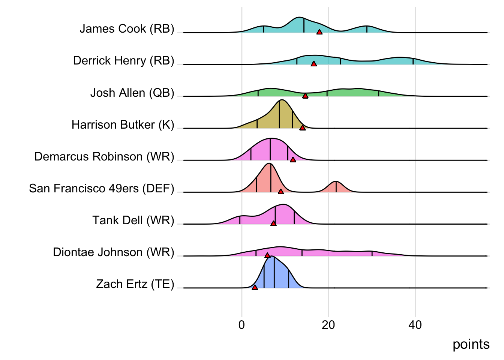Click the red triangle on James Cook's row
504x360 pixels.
(x=319, y=32)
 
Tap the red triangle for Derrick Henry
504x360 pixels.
(x=313, y=64)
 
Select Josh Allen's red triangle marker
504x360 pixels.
(x=305, y=96)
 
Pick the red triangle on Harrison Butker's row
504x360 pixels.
(x=302, y=128)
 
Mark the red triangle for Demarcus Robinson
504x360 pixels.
(x=293, y=160)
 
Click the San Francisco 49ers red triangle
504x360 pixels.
(x=280, y=192)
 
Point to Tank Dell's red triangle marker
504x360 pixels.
(x=273, y=224)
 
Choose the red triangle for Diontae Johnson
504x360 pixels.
(x=267, y=256)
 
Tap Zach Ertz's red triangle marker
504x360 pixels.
(x=255, y=288)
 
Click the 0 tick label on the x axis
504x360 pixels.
(x=241, y=325)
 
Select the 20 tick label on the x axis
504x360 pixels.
(x=328, y=325)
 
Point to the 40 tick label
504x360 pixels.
(x=415, y=325)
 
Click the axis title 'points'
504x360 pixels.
(x=471, y=344)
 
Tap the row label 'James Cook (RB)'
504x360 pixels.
(x=127, y=29)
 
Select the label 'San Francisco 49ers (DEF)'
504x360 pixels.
(x=102, y=188)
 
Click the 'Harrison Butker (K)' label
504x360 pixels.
(x=123, y=124)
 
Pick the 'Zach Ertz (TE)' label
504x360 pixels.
(x=135, y=284)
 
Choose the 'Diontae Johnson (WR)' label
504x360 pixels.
(x=114, y=252)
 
